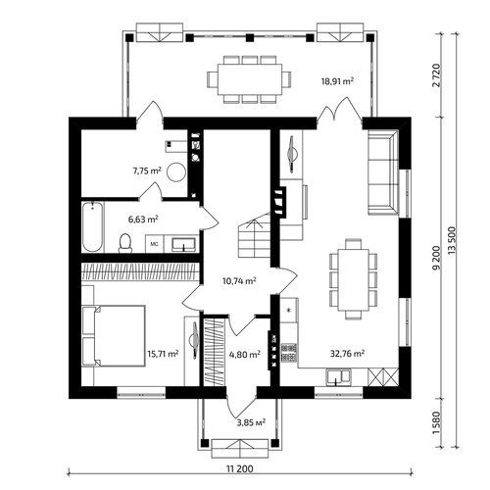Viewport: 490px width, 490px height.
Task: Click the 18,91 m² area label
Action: tap(337, 80)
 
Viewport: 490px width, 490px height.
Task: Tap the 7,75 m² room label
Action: tap(147, 171)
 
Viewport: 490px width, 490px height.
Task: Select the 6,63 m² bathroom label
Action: tap(143, 219)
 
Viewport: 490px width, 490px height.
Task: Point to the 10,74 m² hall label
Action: tap(239, 281)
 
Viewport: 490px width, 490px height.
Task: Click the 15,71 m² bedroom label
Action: tap(163, 354)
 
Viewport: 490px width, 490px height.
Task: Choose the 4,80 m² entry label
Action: tap(245, 354)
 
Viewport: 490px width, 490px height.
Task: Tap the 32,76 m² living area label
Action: tap(347, 353)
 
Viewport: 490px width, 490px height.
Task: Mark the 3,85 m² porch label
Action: tap(251, 422)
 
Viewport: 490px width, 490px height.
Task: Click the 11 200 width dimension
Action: tap(240, 469)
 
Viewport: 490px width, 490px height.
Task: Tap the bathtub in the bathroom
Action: tap(93, 227)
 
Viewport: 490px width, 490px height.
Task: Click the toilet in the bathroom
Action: tap(125, 243)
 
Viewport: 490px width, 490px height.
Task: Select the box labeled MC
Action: tap(154, 243)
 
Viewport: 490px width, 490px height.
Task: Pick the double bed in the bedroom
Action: tap(114, 336)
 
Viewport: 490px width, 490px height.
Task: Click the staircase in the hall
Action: tap(255, 235)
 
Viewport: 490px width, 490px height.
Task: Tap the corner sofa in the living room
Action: tap(383, 172)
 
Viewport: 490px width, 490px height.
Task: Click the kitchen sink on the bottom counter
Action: tap(338, 376)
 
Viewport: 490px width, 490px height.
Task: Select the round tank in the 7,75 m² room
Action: tap(176, 171)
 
